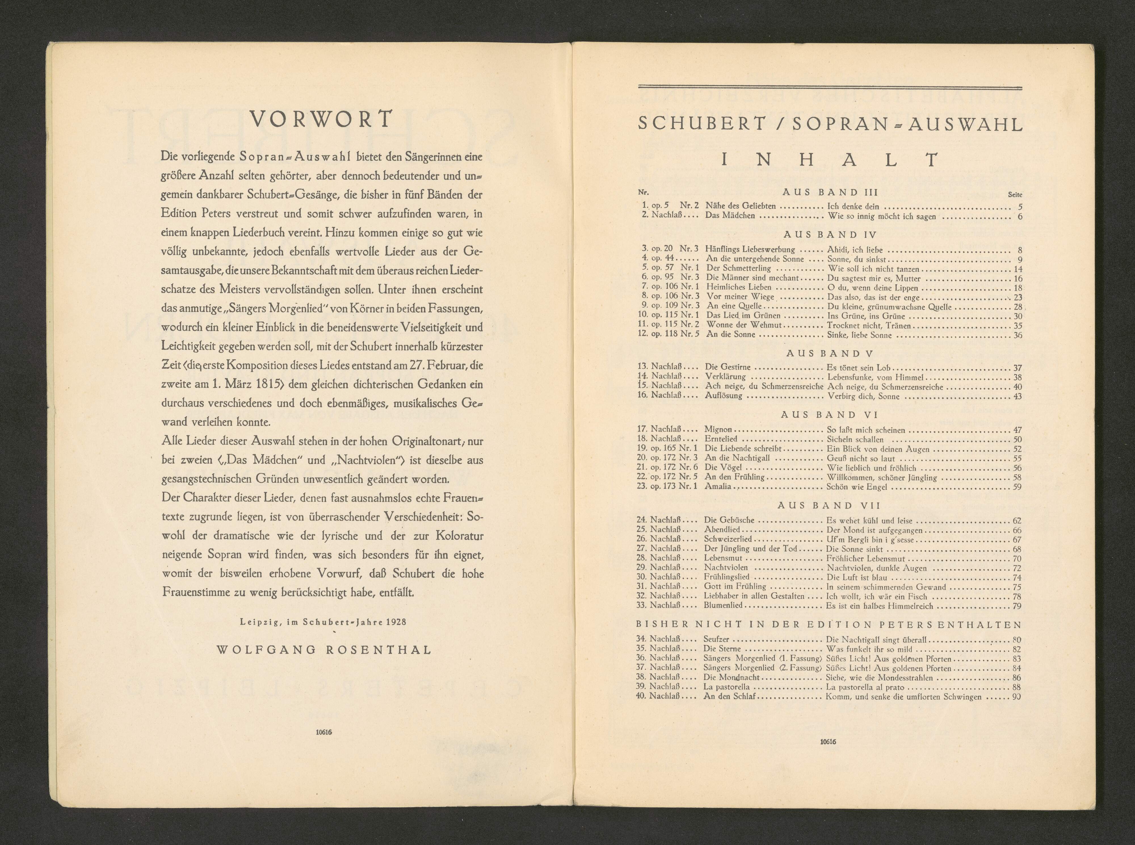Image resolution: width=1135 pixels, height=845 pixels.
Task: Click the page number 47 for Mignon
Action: [1017, 430]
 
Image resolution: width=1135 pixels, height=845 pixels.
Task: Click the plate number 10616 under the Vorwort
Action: [324, 732]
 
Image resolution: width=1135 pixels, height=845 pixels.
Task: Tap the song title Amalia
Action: [718, 486]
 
